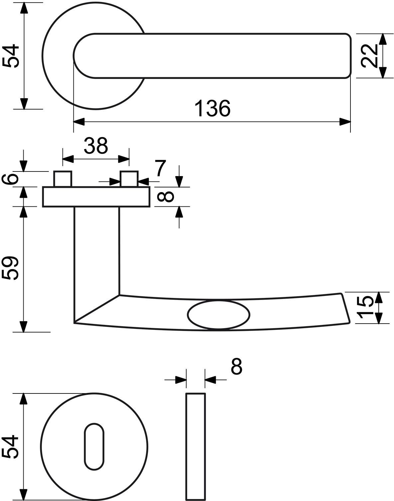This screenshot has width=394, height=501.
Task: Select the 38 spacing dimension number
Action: click(96, 145)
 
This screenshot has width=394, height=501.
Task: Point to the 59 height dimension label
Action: click(10, 268)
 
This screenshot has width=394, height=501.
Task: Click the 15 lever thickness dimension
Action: click(366, 307)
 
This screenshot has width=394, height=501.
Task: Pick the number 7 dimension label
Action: click(161, 168)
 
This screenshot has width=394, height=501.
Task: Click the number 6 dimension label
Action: click(10, 179)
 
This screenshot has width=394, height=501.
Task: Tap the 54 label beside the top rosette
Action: click(10, 56)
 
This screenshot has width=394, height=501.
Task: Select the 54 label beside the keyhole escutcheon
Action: click(10, 447)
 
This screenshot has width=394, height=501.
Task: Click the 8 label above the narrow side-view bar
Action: click(236, 366)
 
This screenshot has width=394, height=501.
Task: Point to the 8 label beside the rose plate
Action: click(165, 196)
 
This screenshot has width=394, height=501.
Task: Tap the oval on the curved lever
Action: click(218, 315)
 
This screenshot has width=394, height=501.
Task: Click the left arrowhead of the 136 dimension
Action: click(78, 122)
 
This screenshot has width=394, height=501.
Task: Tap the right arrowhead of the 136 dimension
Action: click(345, 122)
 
